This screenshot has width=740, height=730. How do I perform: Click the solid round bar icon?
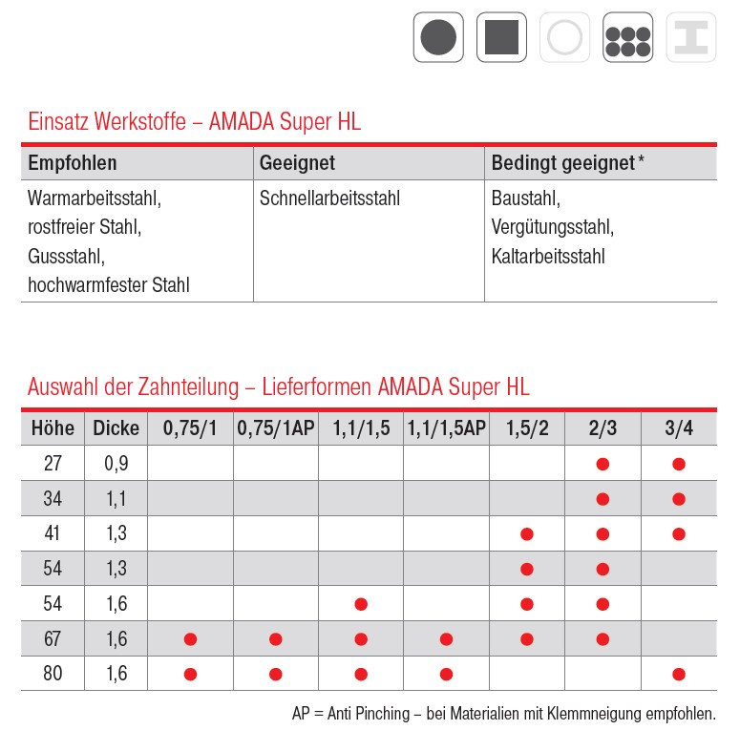coord(438,38)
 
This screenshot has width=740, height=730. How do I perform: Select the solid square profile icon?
coord(501,38)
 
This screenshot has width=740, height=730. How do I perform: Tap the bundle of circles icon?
coord(627,38)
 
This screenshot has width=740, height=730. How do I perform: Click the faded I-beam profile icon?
coord(690,38)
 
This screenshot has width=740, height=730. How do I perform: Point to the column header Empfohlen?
coord(73,163)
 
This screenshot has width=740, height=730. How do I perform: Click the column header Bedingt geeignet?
coord(563,163)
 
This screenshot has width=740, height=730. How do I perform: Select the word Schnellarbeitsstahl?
coord(329,198)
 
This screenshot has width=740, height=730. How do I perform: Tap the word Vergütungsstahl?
coord(553,227)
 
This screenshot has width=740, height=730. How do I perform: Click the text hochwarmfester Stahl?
coord(109,284)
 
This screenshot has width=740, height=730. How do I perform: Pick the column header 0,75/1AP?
coord(275,428)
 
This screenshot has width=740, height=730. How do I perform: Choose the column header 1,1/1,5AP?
coord(446,428)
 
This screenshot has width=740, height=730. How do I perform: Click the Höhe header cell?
coord(53,428)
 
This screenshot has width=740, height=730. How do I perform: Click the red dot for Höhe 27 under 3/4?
coord(679,464)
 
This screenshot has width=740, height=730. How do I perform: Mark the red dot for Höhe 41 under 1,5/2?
coord(526,533)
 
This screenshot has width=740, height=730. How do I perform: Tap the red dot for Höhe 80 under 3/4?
coord(679,674)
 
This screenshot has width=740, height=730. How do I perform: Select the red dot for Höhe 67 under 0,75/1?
coord(190,638)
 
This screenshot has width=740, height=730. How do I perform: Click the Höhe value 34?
coord(53,498)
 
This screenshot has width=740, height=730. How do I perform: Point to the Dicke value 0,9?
coord(116,464)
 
